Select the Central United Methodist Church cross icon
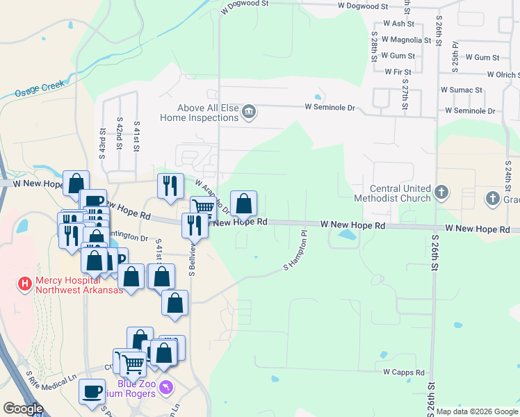pos(441,191)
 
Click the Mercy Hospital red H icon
pos(24,284)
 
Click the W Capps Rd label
pos(404,373)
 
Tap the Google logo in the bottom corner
pos(23,409)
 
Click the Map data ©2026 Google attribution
pos(477,411)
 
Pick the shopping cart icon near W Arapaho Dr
pos(204,206)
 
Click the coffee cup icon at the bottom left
pos(92,391)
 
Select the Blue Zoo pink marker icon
pos(165,386)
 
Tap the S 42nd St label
pos(120,136)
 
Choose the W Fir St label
pos(398,72)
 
